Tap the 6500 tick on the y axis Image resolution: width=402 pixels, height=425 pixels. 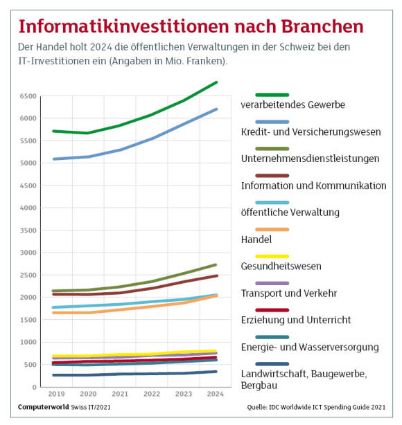28,96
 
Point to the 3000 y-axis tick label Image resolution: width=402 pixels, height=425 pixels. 28,253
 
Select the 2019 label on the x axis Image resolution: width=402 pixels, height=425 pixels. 56,394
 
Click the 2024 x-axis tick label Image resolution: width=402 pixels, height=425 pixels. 216,394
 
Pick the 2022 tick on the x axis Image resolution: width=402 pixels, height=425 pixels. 152,394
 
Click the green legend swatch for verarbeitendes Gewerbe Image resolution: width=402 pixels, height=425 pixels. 272,95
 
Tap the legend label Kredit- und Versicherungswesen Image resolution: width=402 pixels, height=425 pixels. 311,132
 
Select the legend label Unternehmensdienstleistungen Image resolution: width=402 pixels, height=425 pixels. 310,159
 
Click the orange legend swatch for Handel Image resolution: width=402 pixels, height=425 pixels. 272,230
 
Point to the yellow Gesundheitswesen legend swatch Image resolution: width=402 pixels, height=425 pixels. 272,256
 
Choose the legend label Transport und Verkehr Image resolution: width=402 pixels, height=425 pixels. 289,293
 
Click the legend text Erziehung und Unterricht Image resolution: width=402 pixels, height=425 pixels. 296,320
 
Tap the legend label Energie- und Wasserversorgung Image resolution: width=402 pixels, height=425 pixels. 310,347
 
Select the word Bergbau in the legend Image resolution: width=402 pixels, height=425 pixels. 259,386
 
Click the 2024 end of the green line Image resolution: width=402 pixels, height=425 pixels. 216,82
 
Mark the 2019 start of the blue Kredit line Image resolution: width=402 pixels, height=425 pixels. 54,159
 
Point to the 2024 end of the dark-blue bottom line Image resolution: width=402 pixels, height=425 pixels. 216,372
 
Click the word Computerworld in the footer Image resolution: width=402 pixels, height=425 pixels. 44,407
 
